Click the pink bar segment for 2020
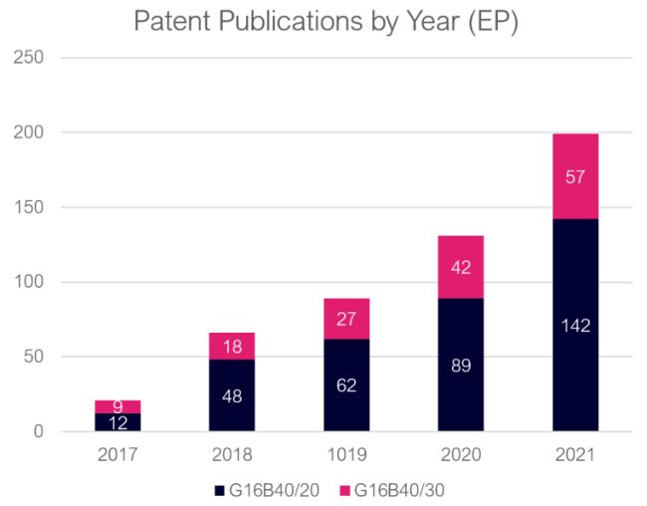click(460, 267)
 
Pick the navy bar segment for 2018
click(232, 394)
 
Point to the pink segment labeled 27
click(346, 319)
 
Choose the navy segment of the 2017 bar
click(117, 422)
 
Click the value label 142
click(575, 326)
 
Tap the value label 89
click(460, 365)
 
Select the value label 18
click(232, 347)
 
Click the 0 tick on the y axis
click(38, 432)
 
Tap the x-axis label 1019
click(346, 455)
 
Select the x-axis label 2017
click(117, 455)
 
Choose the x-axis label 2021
click(575, 455)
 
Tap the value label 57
click(575, 177)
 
